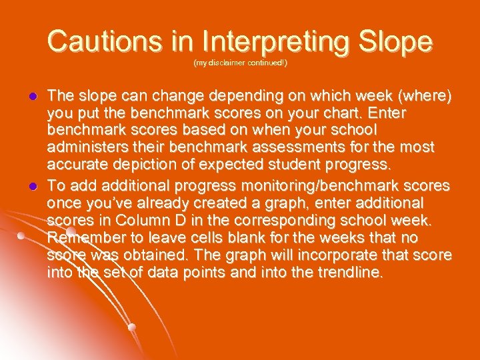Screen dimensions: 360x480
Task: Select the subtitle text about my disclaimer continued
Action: coord(240,63)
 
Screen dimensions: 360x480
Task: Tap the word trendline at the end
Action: coord(347,273)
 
